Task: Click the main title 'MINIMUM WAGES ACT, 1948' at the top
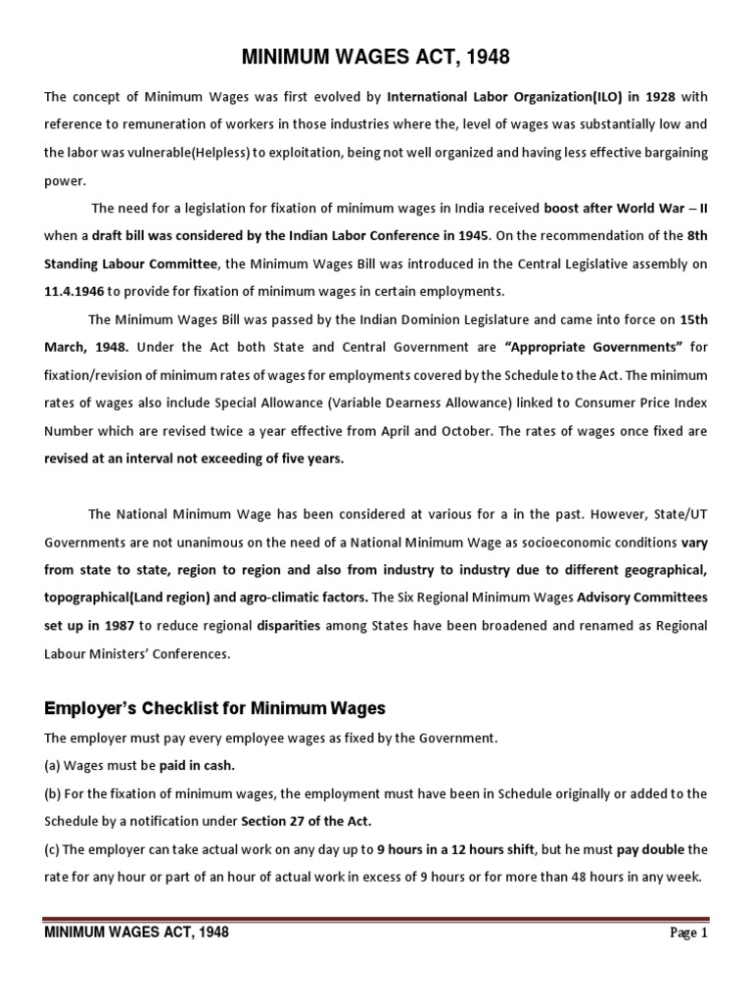click(376, 58)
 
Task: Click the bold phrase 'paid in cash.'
click(201, 765)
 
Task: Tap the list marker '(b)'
click(55, 793)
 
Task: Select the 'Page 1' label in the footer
click(688, 933)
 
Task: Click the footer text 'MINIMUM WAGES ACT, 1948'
click(137, 932)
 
